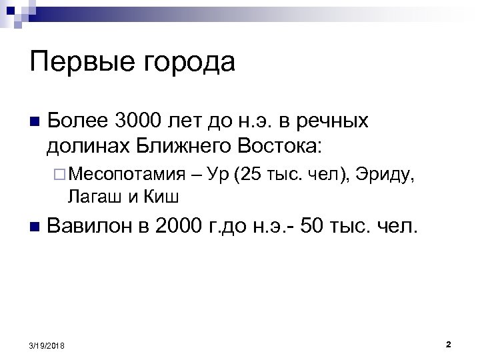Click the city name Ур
(217, 175)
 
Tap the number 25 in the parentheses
(253, 175)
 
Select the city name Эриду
(385, 175)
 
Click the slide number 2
(448, 344)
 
